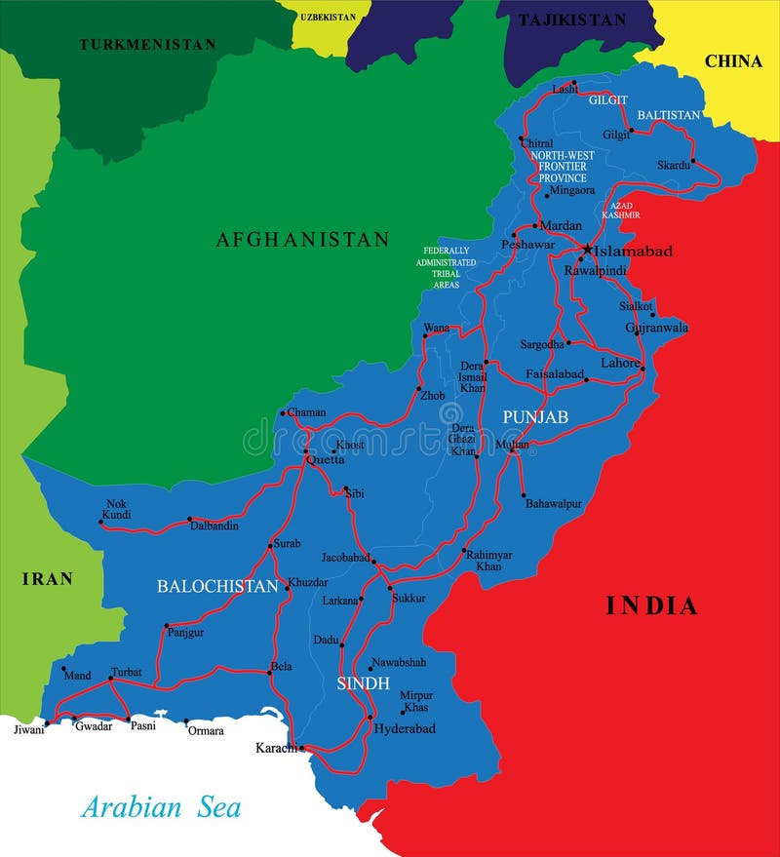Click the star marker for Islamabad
tap(586, 250)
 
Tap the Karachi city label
tap(275, 748)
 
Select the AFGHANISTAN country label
tap(302, 239)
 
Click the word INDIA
tap(652, 605)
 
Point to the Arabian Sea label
tap(161, 807)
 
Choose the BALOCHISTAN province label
tap(218, 586)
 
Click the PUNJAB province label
tap(535, 416)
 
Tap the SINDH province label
tap(364, 682)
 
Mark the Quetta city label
tap(326, 459)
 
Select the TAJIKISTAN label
tap(572, 19)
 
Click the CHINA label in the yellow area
tap(733, 60)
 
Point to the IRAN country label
tap(48, 579)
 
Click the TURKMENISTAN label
tap(147, 44)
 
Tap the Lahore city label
tap(619, 363)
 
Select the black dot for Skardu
tap(693, 161)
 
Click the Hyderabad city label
tap(405, 728)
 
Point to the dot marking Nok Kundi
tap(101, 522)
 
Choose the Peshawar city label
tap(528, 245)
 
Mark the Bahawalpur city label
tap(554, 504)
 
